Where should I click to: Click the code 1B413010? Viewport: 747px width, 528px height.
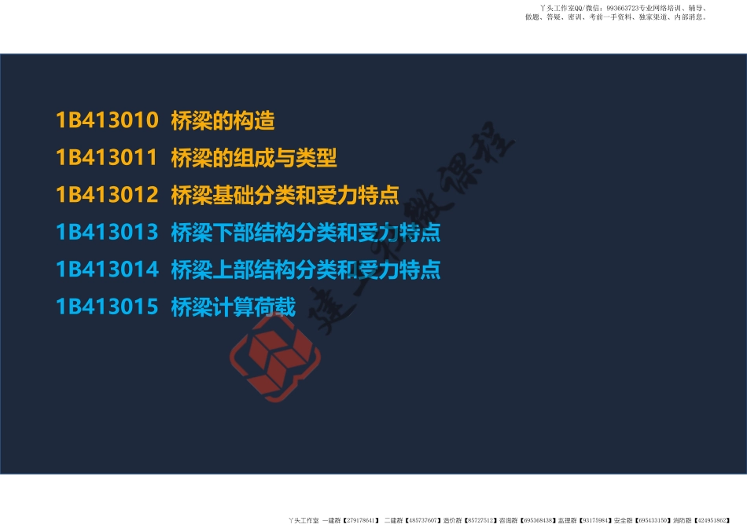pyautogui.click(x=107, y=120)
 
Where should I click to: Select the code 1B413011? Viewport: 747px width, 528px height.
pyautogui.click(x=107, y=158)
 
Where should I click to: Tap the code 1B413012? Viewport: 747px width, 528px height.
pyautogui.click(x=107, y=195)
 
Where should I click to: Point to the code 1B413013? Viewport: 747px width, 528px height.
pyautogui.click(x=107, y=233)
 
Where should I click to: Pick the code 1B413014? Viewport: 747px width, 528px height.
pyautogui.click(x=107, y=269)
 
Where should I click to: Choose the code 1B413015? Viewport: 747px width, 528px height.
pyautogui.click(x=107, y=307)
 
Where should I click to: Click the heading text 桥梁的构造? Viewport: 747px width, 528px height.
pyautogui.click(x=223, y=120)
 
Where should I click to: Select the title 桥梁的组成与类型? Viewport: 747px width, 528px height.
pyautogui.click(x=254, y=158)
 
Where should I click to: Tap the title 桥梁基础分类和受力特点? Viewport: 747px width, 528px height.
pyautogui.click(x=285, y=195)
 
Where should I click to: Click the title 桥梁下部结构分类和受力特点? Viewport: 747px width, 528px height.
pyautogui.click(x=306, y=233)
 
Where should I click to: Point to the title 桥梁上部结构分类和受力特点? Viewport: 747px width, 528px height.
pyautogui.click(x=306, y=269)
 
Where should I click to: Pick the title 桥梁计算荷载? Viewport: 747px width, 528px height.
pyautogui.click(x=234, y=307)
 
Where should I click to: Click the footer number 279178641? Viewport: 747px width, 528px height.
pyautogui.click(x=360, y=520)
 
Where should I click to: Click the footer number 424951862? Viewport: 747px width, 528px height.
pyautogui.click(x=707, y=520)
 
